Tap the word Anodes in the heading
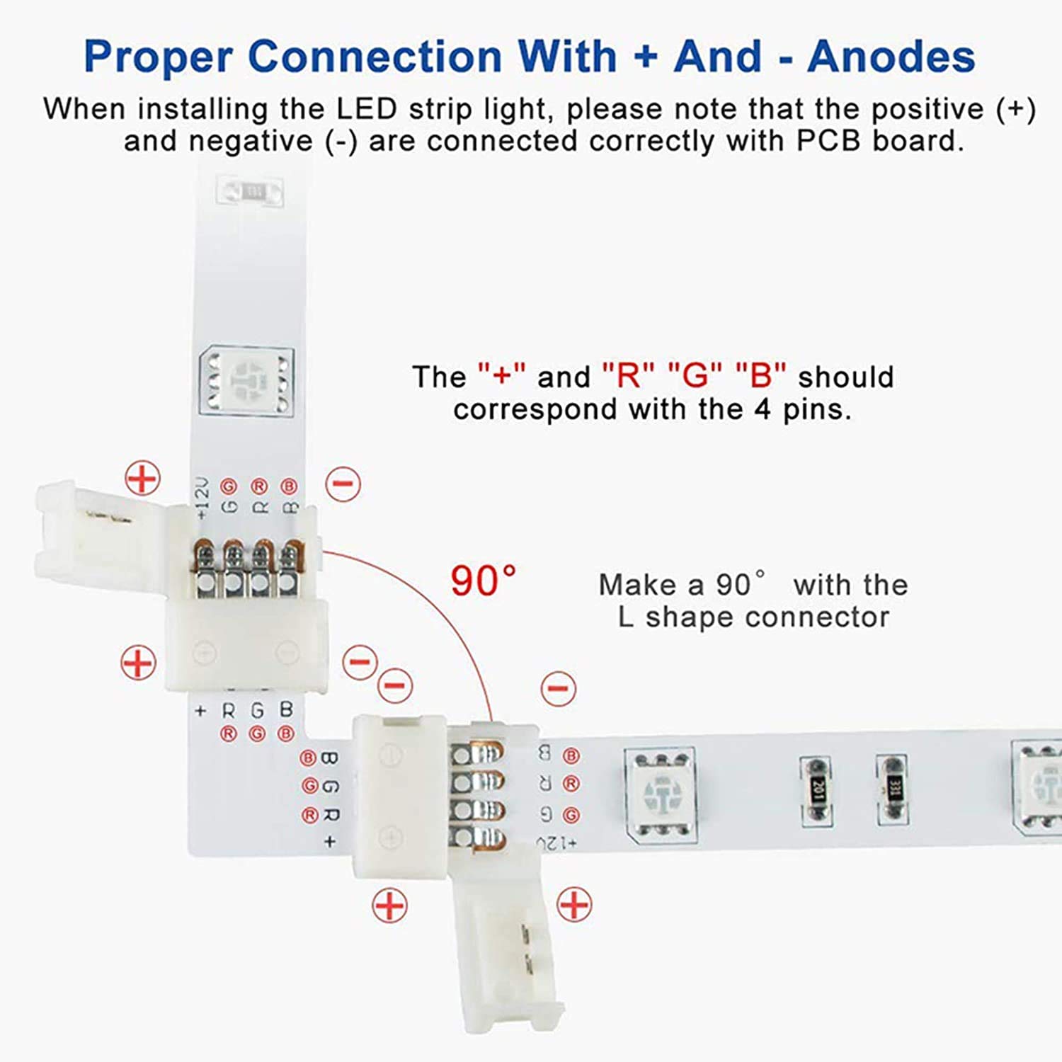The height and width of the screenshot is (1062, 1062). click(x=891, y=57)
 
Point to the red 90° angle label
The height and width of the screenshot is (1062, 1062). click(x=484, y=581)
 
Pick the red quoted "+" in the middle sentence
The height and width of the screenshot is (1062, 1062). click(x=501, y=376)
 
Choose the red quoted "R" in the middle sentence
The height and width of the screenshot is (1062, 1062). click(x=627, y=376)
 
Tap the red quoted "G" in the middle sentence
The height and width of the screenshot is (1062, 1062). click(x=695, y=376)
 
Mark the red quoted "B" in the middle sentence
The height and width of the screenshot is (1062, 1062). click(x=761, y=376)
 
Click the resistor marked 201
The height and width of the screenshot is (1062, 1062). click(x=816, y=791)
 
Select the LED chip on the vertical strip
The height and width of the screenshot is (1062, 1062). click(x=247, y=380)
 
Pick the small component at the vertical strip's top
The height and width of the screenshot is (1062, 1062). click(x=252, y=191)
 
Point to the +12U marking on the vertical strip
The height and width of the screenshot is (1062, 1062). click(x=202, y=497)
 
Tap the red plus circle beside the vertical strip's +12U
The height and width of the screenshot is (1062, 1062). click(x=142, y=479)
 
